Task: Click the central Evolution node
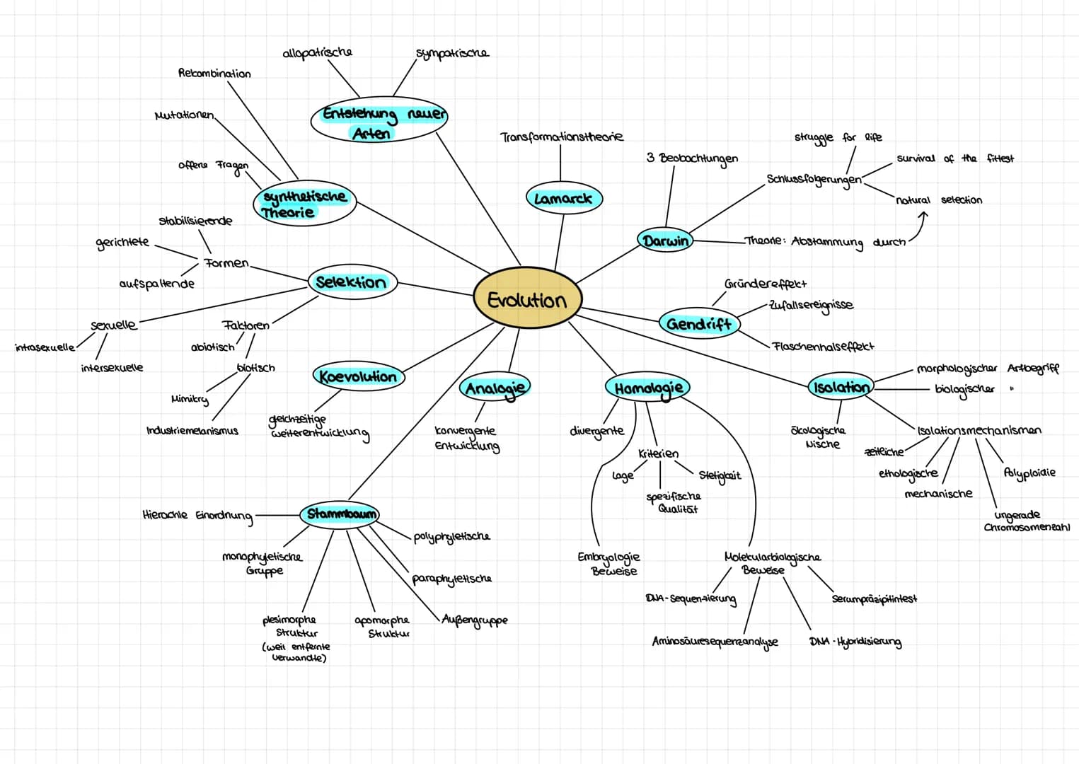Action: [528, 299]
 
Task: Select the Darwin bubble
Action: [665, 240]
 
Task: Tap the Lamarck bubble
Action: [564, 198]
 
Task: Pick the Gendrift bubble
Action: [700, 324]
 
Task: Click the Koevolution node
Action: [359, 376]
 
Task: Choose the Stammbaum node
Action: [340, 514]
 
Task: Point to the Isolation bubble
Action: [841, 386]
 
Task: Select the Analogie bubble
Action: [495, 387]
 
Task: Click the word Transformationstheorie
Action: [562, 137]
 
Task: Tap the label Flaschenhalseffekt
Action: [823, 346]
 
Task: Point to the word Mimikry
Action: [190, 400]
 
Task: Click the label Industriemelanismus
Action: [192, 430]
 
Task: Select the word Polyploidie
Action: [1029, 473]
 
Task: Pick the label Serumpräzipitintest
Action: [875, 598]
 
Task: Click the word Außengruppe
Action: [475, 620]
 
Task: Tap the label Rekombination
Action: [214, 74]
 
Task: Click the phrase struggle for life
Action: [838, 137]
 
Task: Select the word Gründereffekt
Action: [765, 283]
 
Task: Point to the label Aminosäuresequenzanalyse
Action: [715, 642]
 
